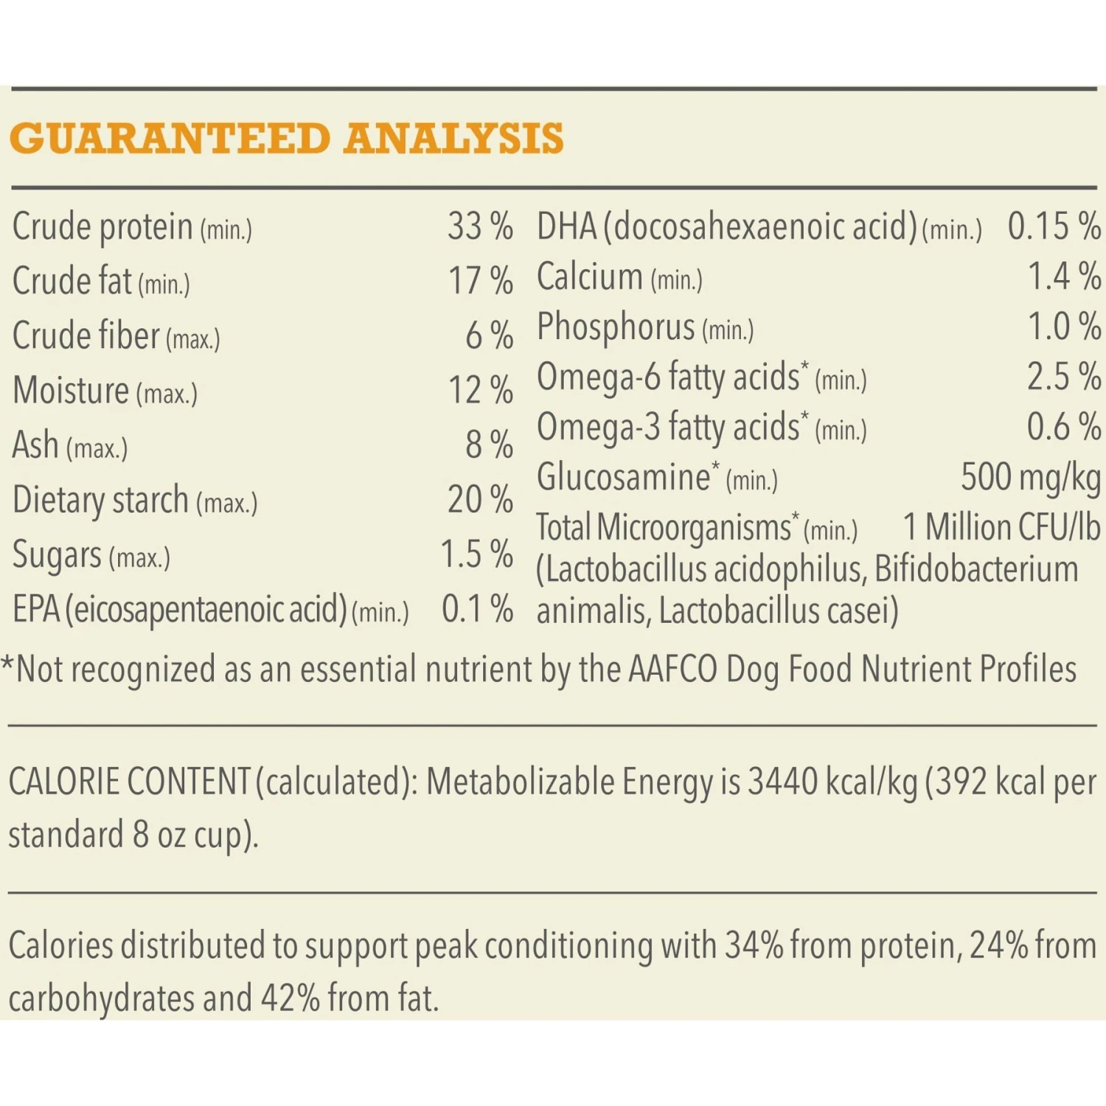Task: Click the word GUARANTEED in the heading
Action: coord(170,139)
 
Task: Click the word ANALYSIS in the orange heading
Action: coord(453,139)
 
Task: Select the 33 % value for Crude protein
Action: coord(479,226)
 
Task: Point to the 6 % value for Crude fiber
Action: coord(489,335)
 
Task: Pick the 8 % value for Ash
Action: coord(489,445)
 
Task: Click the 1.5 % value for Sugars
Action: coord(476,554)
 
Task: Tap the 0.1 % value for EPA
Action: coord(477,609)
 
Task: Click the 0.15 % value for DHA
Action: coord(1054,226)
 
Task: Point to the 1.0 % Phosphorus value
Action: coord(1064,327)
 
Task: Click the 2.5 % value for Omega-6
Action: coord(1064,377)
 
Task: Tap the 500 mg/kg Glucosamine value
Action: coord(1030,477)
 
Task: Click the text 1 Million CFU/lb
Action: coord(1001,528)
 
